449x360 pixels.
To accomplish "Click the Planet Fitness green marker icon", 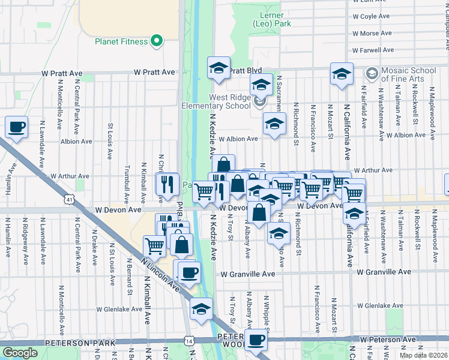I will [157, 41].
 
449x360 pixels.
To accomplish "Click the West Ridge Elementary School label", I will [217, 101].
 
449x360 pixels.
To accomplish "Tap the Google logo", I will [20, 352].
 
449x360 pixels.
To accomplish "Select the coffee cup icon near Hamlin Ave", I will [17, 127].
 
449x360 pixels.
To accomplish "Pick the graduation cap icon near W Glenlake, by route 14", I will [201, 308].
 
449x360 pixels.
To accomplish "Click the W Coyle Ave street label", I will [371, 17].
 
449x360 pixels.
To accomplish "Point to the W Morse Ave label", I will [372, 34].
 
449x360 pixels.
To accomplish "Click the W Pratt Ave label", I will [62, 73].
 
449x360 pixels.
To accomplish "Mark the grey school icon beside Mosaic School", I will [372, 73].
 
